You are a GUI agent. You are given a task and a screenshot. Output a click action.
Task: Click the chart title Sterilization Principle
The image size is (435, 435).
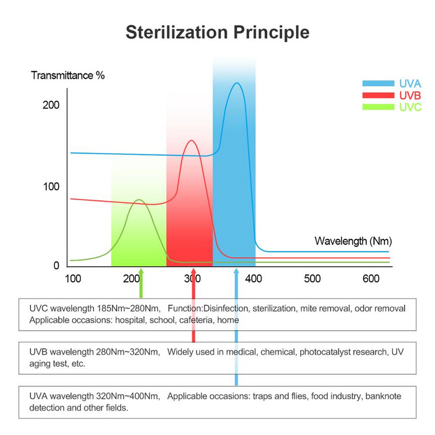click(x=217, y=32)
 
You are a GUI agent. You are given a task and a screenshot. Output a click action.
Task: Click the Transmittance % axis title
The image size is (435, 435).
click(x=67, y=75)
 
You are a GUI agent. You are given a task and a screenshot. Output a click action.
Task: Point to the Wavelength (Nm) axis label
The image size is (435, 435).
click(x=353, y=240)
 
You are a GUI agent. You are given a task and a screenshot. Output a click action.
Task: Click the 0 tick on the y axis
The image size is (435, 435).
click(x=55, y=265)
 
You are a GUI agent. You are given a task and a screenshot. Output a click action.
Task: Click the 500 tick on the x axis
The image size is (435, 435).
click(x=312, y=278)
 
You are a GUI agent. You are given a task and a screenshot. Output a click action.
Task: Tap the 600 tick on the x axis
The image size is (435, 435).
click(x=371, y=278)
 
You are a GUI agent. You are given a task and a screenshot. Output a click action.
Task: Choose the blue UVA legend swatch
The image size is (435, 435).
click(x=378, y=83)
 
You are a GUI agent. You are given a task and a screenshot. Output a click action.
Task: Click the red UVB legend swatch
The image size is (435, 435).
click(x=378, y=95)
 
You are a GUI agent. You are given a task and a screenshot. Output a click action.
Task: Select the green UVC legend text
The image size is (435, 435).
click(x=410, y=107)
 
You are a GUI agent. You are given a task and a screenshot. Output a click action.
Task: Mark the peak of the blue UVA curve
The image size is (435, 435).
click(x=237, y=83)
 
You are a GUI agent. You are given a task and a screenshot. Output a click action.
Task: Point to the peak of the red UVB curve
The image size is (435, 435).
click(x=191, y=141)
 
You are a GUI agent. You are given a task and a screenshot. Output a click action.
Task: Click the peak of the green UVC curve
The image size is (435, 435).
click(x=140, y=200)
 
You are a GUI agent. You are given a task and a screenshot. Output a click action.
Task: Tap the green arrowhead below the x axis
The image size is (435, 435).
click(x=141, y=272)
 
